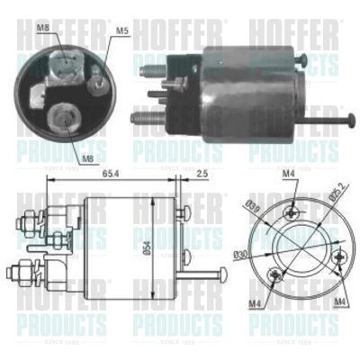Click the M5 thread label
point(122,31)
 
